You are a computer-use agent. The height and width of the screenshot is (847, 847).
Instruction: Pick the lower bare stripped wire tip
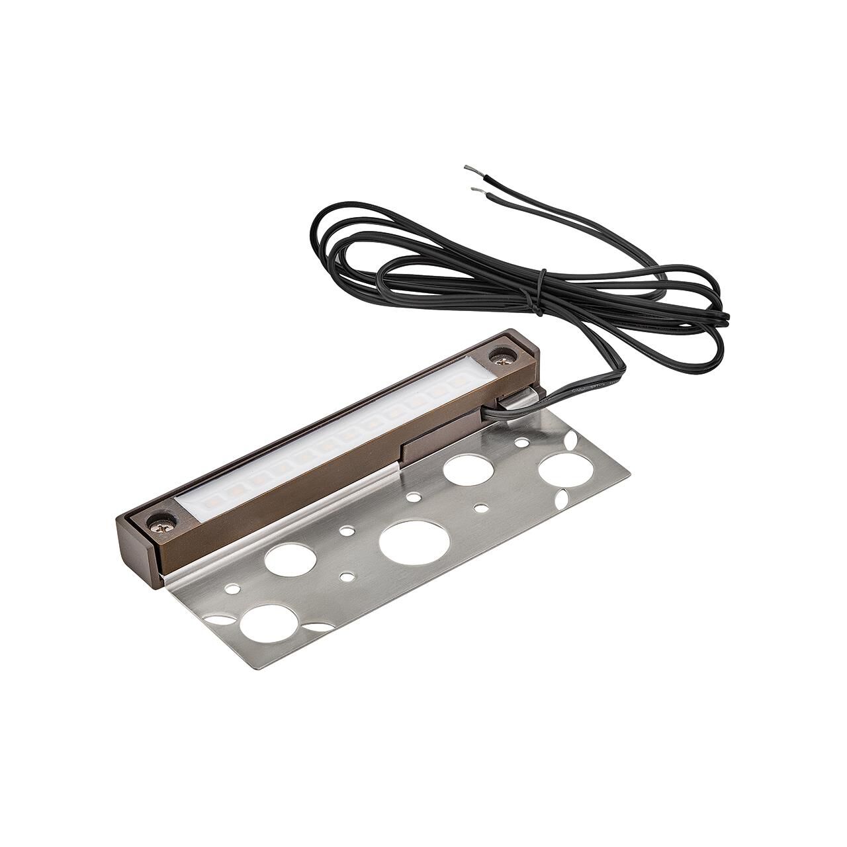tap(476, 190)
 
